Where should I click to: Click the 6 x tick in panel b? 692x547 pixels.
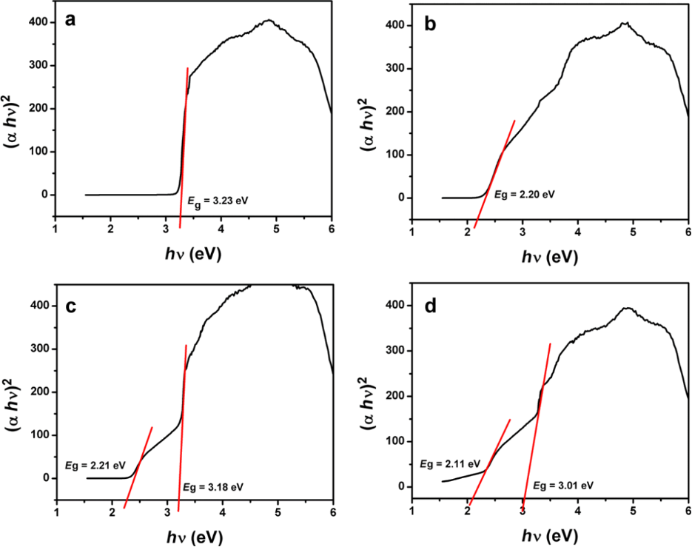pyautogui.click(x=688, y=233)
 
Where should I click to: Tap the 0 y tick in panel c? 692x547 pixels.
pyautogui.click(x=46, y=478)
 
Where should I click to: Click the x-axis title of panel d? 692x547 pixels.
pyautogui.click(x=549, y=534)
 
